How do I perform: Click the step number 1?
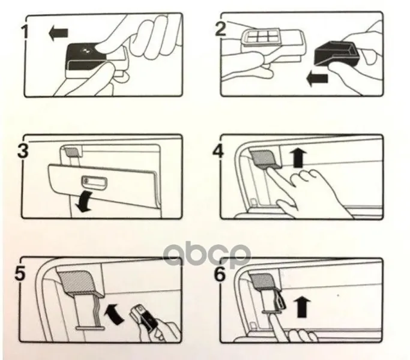tap(25, 32)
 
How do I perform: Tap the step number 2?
tap(220, 29)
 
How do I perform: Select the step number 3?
tap(23, 151)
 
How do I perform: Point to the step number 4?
tap(219, 151)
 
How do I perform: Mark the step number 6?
tap(220, 274)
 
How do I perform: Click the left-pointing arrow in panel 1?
tap(58, 33)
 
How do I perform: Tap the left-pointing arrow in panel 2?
tap(317, 79)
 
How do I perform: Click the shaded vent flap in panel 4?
tap(264, 158)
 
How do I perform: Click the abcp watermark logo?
tap(206, 255)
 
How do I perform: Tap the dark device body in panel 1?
tap(83, 57)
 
